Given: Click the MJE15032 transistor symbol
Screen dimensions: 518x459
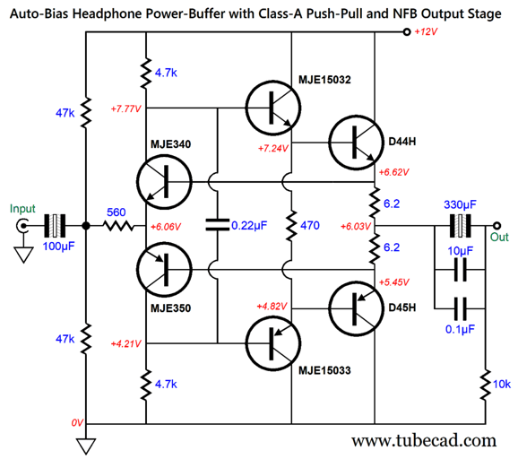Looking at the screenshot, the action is coord(273,108).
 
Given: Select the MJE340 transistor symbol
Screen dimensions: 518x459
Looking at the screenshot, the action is coord(164,182).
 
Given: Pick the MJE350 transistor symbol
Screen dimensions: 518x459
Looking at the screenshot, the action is coord(164,270).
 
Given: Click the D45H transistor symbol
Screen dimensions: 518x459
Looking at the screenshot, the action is coord(356,308).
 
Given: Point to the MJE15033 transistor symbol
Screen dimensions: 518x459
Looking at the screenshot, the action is coord(273,343).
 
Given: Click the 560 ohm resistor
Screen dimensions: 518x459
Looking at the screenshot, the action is coord(119,226).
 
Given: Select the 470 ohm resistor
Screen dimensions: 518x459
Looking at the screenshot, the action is coord(291,226).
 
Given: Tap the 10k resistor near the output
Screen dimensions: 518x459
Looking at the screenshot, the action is coord(486,385).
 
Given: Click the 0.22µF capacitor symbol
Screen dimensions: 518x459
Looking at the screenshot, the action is coord(218,225).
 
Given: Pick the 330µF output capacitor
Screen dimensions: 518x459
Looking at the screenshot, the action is coord(460,226).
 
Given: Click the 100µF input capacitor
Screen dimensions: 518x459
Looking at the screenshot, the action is coord(55,226).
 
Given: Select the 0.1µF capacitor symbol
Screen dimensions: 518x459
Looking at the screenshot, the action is coord(460,309).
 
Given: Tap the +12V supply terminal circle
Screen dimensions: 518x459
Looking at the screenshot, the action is coord(407,32).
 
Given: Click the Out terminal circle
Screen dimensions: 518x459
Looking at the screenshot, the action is coord(496,226).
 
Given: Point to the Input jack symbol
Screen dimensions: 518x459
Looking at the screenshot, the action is coord(22,226).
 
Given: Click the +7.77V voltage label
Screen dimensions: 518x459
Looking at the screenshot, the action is coord(125,108).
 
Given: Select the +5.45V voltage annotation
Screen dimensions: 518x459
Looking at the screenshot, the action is coord(394,282).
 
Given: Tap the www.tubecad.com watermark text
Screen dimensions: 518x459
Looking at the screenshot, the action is coord(424,440).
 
